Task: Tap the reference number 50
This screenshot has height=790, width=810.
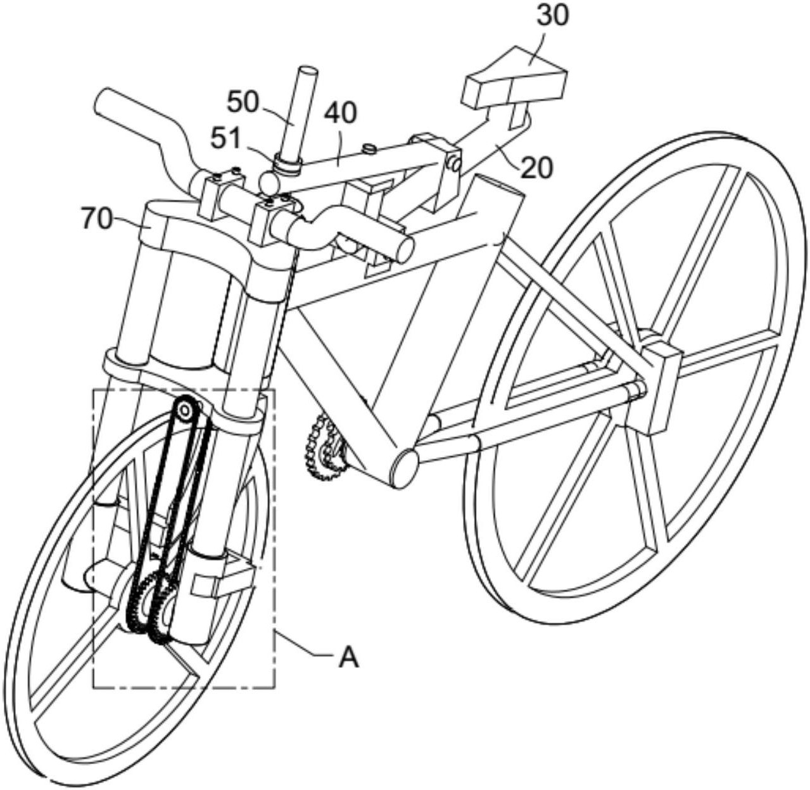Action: tap(246, 103)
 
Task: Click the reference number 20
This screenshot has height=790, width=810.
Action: tap(535, 168)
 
